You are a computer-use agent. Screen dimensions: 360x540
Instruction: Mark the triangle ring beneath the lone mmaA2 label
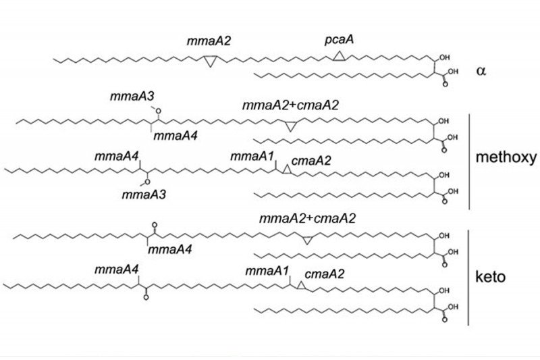tap(211, 61)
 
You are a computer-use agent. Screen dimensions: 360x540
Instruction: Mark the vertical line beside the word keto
tap(468, 277)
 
